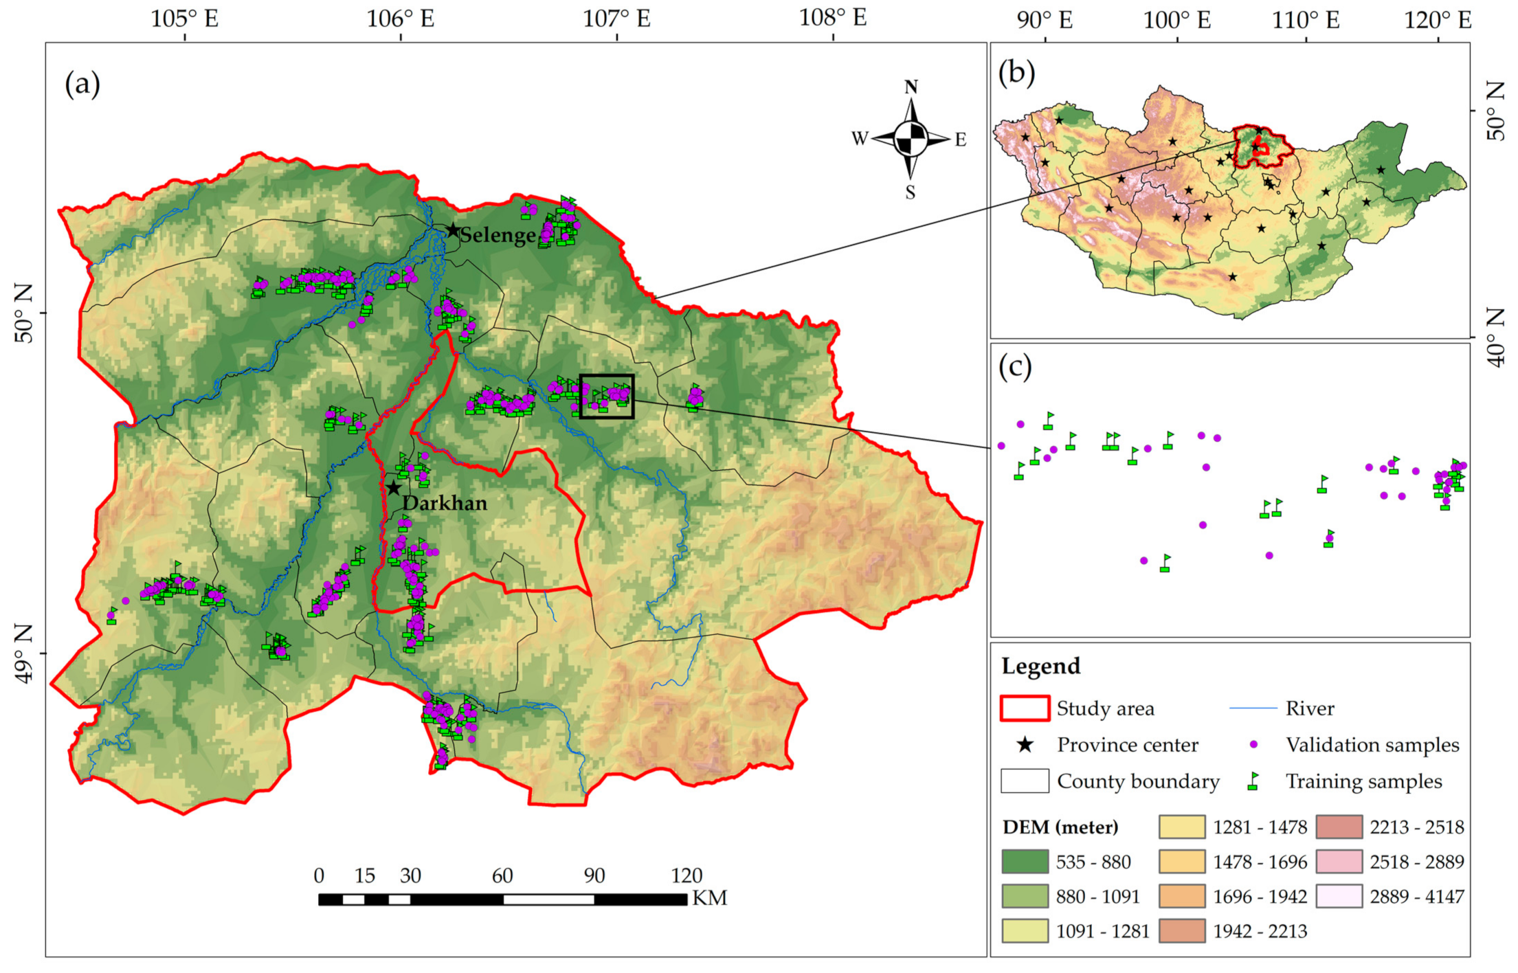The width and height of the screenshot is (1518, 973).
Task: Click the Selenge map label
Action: (x=497, y=236)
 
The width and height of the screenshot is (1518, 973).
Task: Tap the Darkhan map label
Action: (x=445, y=503)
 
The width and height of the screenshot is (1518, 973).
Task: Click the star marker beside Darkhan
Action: (x=393, y=489)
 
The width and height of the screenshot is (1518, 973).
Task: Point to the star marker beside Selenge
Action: (x=453, y=230)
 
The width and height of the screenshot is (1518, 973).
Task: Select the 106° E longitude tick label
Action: (x=400, y=19)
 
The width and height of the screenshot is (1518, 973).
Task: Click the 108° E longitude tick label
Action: (x=833, y=17)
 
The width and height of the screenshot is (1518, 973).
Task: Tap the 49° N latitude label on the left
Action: (x=23, y=653)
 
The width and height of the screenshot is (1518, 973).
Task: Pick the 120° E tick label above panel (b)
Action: (x=1438, y=20)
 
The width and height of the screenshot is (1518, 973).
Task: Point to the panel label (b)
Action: (x=1016, y=71)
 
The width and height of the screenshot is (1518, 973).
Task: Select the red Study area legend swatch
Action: (x=1025, y=708)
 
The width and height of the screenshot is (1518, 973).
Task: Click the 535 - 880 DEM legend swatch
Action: (x=1025, y=862)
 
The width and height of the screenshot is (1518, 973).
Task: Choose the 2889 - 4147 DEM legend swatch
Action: (x=1339, y=896)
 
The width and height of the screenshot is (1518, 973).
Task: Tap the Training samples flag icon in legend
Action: (x=1253, y=781)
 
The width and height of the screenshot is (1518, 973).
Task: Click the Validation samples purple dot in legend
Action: (x=1253, y=745)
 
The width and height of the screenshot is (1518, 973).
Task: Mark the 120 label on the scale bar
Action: (x=687, y=875)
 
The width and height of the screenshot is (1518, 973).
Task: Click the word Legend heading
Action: (x=1040, y=666)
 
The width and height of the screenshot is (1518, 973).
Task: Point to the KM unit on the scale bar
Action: (x=709, y=898)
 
